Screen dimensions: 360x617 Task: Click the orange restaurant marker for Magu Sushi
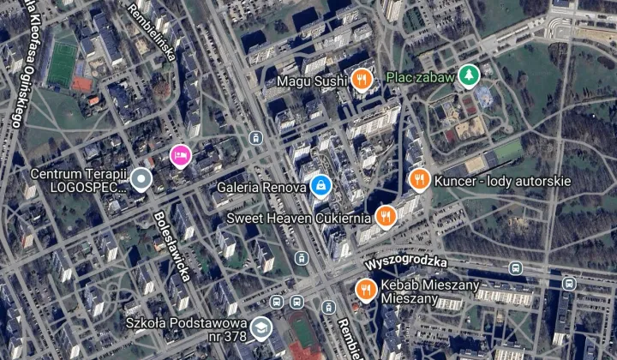point(362,80)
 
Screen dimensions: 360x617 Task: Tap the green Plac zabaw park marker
point(468,77)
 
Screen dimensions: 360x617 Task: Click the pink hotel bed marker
point(179,154)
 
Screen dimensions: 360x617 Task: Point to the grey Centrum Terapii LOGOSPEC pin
point(141,179)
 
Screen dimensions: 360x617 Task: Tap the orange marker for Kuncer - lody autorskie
point(419,180)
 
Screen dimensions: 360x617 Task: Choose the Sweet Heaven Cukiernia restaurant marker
point(384,217)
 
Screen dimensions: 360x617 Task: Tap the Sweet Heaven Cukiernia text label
point(298,218)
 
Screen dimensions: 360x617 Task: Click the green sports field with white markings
point(63,63)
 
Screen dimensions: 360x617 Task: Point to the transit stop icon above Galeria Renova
point(255,137)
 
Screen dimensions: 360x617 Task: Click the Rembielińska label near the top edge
point(152,34)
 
